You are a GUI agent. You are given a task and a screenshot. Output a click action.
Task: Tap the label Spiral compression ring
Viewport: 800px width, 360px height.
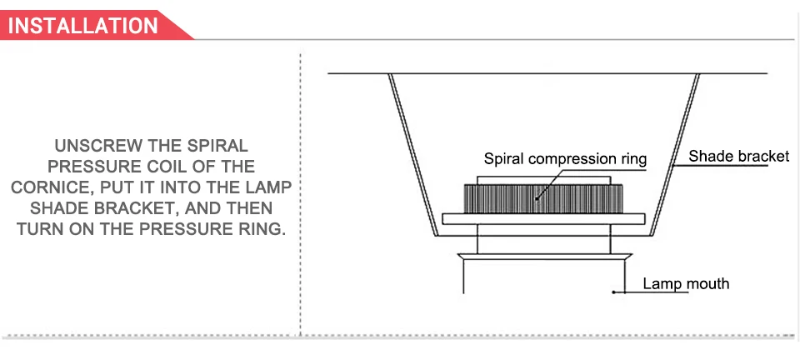pyautogui.click(x=565, y=158)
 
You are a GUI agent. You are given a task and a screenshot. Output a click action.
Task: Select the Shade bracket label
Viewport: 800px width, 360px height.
pyautogui.click(x=739, y=156)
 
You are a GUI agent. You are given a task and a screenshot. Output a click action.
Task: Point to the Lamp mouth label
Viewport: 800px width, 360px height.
pyautogui.click(x=686, y=283)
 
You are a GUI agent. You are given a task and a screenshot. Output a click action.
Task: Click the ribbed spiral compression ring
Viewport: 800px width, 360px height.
pyautogui.click(x=543, y=199)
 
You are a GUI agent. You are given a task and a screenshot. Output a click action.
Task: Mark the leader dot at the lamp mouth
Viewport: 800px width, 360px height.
pyautogui.click(x=613, y=292)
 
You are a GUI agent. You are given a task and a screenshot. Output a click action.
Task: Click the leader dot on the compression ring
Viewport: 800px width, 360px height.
pyautogui.click(x=537, y=198)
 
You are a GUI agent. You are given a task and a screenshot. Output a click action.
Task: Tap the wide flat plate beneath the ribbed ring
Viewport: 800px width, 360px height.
pyautogui.click(x=543, y=219)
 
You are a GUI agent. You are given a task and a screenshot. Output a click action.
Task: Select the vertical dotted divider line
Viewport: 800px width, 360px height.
pyautogui.click(x=300, y=194)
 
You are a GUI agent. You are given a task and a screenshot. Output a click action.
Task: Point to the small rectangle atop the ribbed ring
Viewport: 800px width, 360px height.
pyautogui.click(x=544, y=180)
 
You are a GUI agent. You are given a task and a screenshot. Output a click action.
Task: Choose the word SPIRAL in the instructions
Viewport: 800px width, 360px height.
pyautogui.click(x=217, y=146)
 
